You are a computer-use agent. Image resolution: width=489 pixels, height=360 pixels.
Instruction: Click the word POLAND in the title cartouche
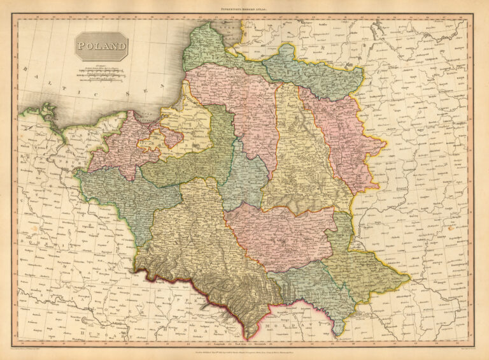(101, 46)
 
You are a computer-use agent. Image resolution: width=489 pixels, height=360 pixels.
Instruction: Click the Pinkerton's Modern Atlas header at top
(244, 7)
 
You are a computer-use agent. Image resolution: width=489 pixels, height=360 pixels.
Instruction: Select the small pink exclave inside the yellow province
(171, 135)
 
